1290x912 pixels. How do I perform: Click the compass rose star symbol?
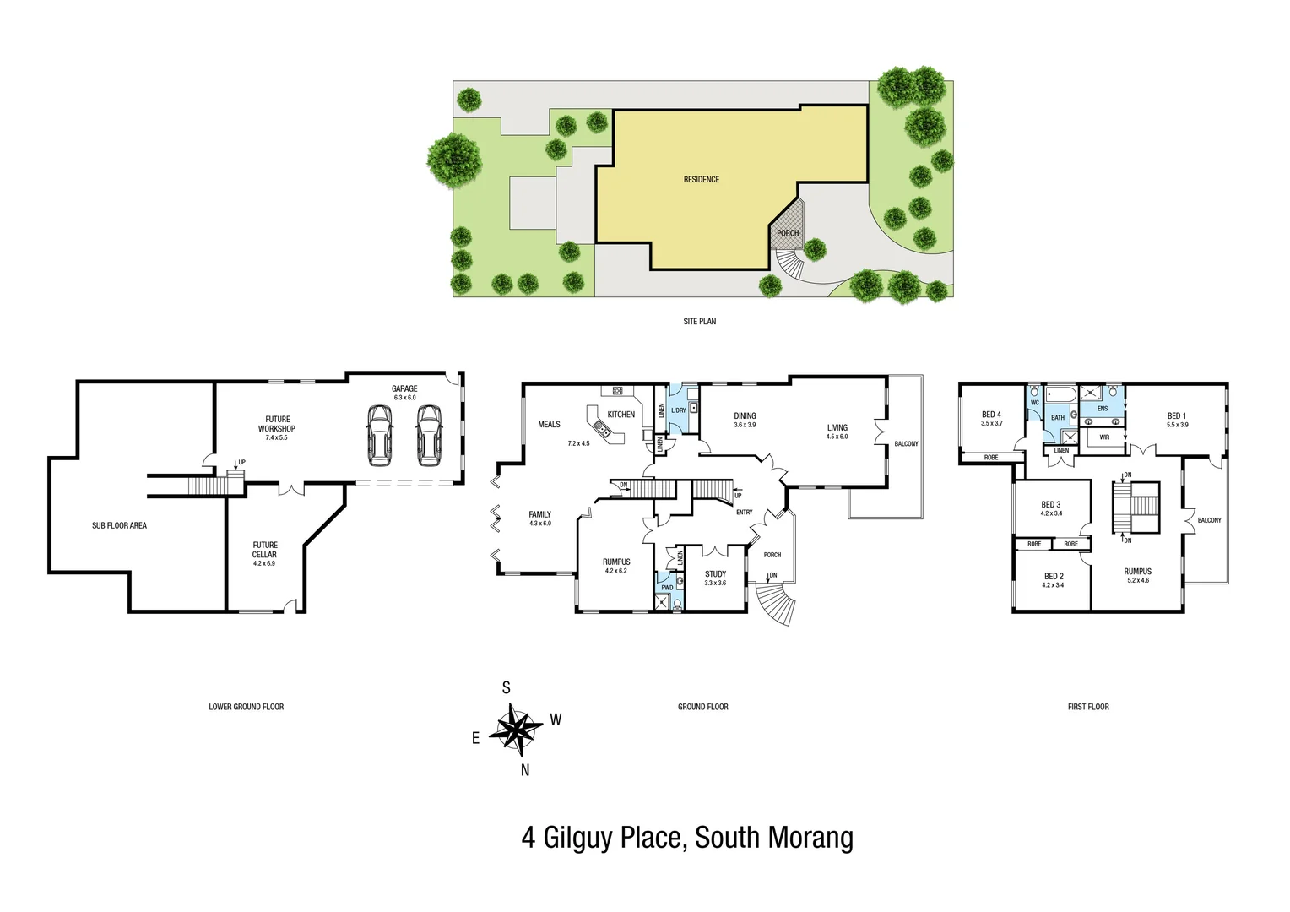pyautogui.click(x=516, y=729)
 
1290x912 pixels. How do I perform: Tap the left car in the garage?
pyautogui.click(x=380, y=434)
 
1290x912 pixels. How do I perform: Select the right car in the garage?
pyautogui.click(x=429, y=434)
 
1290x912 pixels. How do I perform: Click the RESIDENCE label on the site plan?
pyautogui.click(x=702, y=180)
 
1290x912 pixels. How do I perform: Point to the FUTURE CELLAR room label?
pyautogui.click(x=264, y=551)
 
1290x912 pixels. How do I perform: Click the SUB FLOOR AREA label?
pyautogui.click(x=119, y=526)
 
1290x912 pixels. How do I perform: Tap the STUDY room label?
pyautogui.click(x=715, y=574)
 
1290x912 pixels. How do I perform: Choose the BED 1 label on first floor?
pyautogui.click(x=1176, y=416)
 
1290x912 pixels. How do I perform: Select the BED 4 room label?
pyautogui.click(x=991, y=415)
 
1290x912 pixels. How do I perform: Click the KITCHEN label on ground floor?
pyautogui.click(x=621, y=415)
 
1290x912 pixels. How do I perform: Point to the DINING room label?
pyautogui.click(x=745, y=416)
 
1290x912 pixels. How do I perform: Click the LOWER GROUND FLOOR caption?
pyautogui.click(x=247, y=707)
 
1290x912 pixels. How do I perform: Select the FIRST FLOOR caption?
pyautogui.click(x=1088, y=707)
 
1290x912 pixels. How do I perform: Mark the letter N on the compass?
pyautogui.click(x=525, y=770)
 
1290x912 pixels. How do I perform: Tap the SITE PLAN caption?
pyautogui.click(x=700, y=322)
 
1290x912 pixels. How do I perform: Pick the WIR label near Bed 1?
pyautogui.click(x=1104, y=437)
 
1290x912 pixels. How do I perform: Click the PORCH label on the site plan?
pyautogui.click(x=788, y=233)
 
